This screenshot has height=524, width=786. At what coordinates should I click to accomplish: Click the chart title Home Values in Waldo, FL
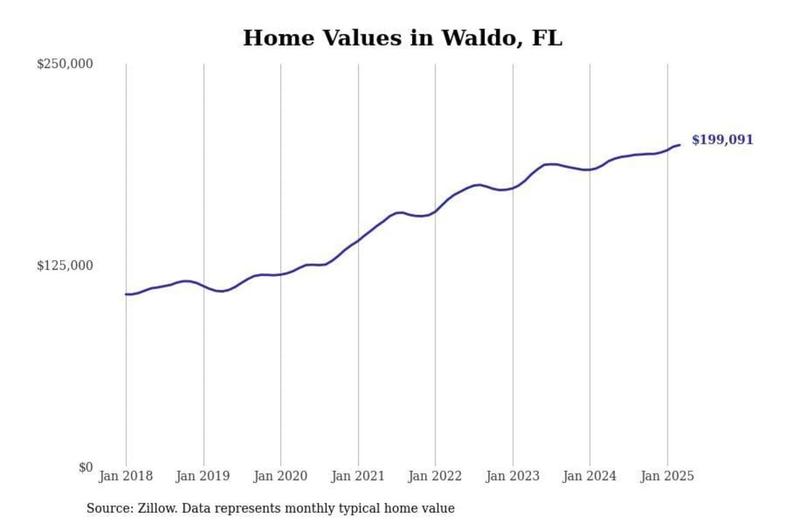402,38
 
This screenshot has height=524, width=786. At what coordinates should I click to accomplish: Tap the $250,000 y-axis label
65,64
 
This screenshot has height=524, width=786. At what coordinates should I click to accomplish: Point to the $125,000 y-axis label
65,266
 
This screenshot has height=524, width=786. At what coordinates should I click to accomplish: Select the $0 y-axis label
86,468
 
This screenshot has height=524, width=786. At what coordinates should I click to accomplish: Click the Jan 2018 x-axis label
126,476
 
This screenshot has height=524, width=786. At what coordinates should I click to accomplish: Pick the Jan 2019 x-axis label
203,476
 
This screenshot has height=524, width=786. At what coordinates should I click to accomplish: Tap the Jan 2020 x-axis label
281,476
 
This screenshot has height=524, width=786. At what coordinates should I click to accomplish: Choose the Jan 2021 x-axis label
358,476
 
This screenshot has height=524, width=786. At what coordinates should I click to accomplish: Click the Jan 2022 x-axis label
435,476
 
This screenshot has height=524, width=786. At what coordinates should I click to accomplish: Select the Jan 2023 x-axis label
513,476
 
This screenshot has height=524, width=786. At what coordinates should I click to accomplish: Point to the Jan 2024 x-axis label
589,476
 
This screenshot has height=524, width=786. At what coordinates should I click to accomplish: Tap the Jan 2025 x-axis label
667,476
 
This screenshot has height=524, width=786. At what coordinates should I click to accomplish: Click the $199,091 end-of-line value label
722,140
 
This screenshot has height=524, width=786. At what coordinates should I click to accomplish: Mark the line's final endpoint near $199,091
679,145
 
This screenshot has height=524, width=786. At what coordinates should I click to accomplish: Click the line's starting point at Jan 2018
126,294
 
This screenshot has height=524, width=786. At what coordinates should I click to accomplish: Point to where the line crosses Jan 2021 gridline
358,240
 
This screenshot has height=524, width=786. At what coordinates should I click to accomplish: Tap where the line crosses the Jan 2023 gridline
513,188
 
